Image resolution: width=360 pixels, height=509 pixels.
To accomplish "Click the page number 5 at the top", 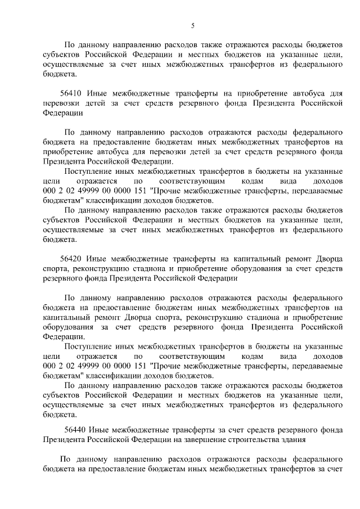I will [192, 25].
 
